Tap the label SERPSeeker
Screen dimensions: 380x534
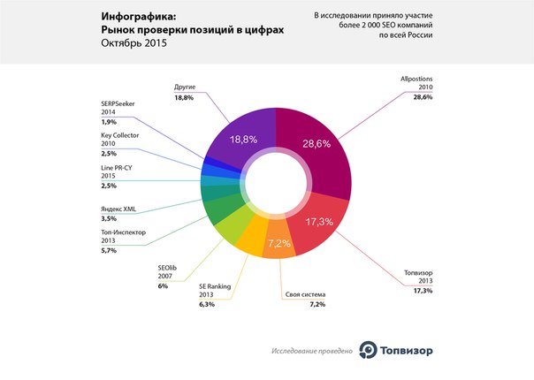pos(119,103)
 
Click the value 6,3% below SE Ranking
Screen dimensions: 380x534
pos(208,304)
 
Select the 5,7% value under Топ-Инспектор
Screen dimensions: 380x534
pos(109,251)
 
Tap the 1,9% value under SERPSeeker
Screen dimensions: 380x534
pos(109,122)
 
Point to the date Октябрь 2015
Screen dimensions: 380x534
pos(136,43)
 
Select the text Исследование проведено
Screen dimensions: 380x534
pos(312,352)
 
